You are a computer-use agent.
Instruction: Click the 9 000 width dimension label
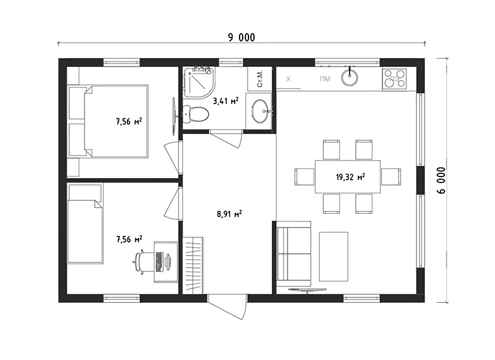(242, 38)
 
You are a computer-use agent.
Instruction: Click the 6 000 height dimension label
(441, 180)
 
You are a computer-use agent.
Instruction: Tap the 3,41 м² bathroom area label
(226, 101)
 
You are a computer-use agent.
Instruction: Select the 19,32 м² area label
(350, 177)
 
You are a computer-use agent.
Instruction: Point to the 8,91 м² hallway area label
(229, 214)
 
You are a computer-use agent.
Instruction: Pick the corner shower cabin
(199, 82)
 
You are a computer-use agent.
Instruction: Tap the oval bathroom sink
(261, 111)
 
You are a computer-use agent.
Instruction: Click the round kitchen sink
(350, 77)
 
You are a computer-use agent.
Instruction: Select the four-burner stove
(394, 79)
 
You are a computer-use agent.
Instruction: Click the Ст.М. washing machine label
(260, 79)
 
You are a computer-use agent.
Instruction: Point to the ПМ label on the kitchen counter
(325, 79)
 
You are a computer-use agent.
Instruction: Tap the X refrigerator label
(288, 79)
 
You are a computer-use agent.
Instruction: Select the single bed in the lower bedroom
(85, 224)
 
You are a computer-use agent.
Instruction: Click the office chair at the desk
(139, 260)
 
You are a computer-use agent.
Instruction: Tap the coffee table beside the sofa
(333, 256)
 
